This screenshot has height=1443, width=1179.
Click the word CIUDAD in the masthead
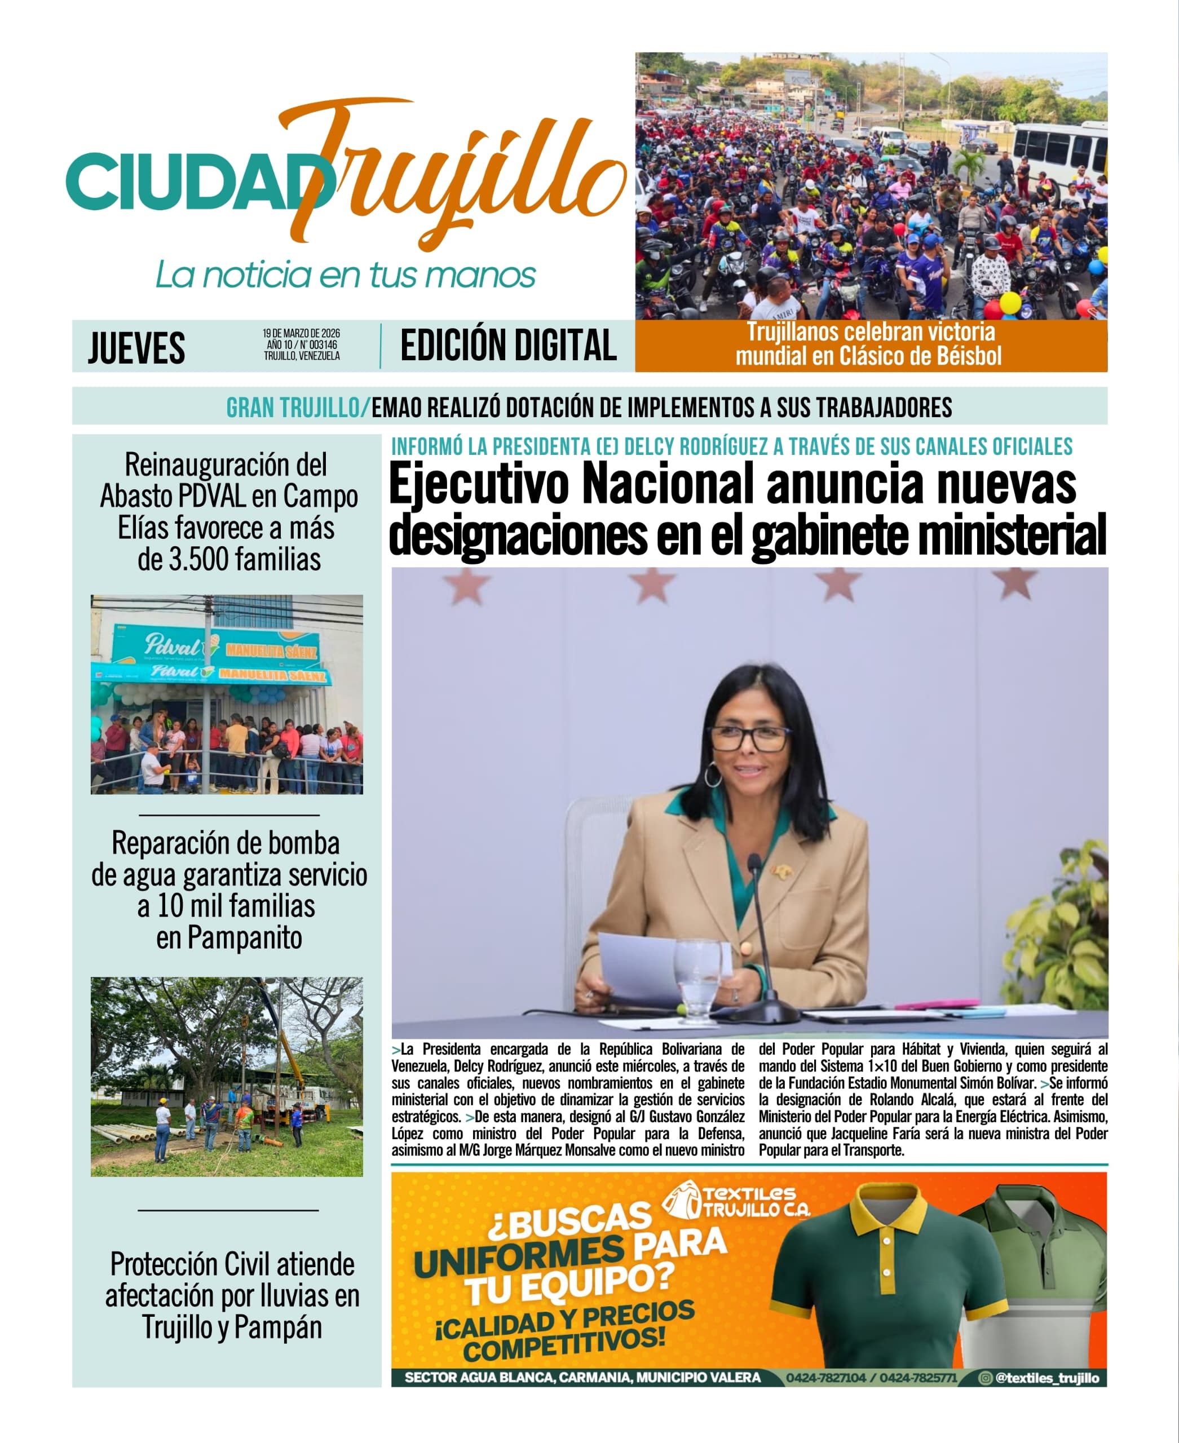(190, 182)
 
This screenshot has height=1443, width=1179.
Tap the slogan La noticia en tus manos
(345, 275)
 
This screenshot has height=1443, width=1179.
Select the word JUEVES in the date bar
(136, 348)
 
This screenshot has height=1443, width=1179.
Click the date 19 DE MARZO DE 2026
(302, 334)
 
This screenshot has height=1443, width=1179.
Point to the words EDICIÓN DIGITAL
(508, 345)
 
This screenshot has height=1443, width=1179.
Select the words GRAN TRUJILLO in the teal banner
(293, 408)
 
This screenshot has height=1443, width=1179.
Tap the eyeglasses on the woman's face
(748, 737)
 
